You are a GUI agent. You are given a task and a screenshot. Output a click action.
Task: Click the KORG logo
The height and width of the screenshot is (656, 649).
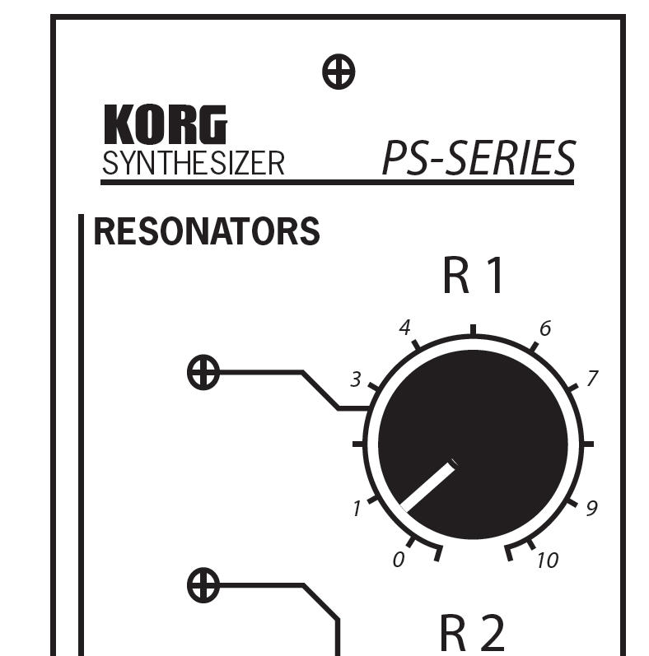[x=165, y=125]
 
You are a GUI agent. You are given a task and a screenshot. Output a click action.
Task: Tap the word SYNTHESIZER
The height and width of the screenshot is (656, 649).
[x=193, y=163]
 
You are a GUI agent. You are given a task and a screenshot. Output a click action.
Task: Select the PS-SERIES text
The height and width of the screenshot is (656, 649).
[x=478, y=158]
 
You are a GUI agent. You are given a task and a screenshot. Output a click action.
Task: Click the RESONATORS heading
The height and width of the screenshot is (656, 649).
[x=207, y=232]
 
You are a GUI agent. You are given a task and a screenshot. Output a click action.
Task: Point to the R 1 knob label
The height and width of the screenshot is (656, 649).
[x=473, y=277]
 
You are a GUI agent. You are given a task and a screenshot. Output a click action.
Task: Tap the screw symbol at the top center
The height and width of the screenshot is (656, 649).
[x=338, y=72]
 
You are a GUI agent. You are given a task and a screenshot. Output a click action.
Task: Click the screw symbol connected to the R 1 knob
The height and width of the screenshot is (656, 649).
[x=203, y=372]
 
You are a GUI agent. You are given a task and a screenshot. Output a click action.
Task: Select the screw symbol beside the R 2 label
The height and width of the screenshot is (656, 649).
[x=203, y=585]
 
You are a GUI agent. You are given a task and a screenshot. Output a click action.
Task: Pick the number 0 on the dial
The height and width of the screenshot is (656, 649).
[x=399, y=561]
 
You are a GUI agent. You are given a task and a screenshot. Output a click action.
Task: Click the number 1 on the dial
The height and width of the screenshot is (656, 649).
[x=357, y=509]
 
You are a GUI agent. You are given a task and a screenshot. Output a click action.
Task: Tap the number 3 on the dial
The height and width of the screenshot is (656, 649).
[x=356, y=379]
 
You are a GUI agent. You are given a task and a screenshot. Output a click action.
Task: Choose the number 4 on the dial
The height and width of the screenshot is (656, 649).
[x=404, y=328]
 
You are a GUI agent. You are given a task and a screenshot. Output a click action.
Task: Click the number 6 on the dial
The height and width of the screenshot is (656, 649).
[x=544, y=329]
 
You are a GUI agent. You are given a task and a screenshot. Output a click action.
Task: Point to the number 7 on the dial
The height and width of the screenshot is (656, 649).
[x=591, y=379]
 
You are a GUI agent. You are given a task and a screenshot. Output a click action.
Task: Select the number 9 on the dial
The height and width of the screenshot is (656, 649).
[x=591, y=509]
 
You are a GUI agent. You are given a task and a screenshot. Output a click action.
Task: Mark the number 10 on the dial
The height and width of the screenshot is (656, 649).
[x=547, y=561]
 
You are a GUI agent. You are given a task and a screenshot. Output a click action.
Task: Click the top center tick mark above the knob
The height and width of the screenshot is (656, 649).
[x=473, y=330]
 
